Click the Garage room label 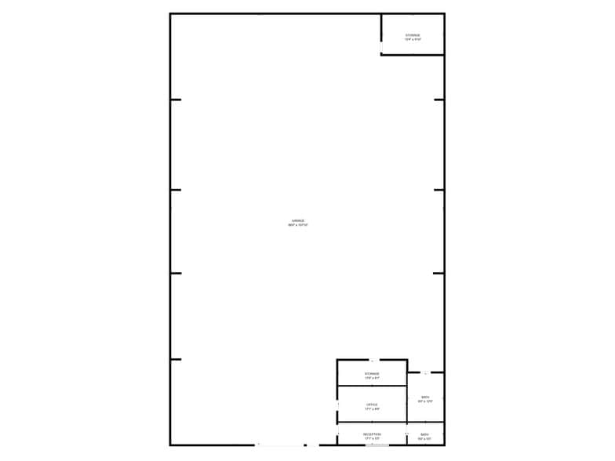(x=298, y=221)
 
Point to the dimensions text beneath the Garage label (x=298, y=225)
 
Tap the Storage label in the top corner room (x=413, y=35)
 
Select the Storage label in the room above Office (x=372, y=374)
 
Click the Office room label (x=372, y=405)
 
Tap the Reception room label (x=372, y=434)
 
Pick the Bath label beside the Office (x=425, y=397)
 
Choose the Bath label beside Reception (x=424, y=434)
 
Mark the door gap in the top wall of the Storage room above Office (x=372, y=360)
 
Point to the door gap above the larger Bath (x=424, y=372)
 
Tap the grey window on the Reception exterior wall (x=377, y=445)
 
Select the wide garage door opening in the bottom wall (x=281, y=445)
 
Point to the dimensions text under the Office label (x=372, y=408)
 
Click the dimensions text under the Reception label (x=372, y=437)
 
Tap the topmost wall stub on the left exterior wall (x=176, y=100)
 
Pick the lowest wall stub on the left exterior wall (x=176, y=359)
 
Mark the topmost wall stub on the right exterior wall (x=439, y=100)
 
